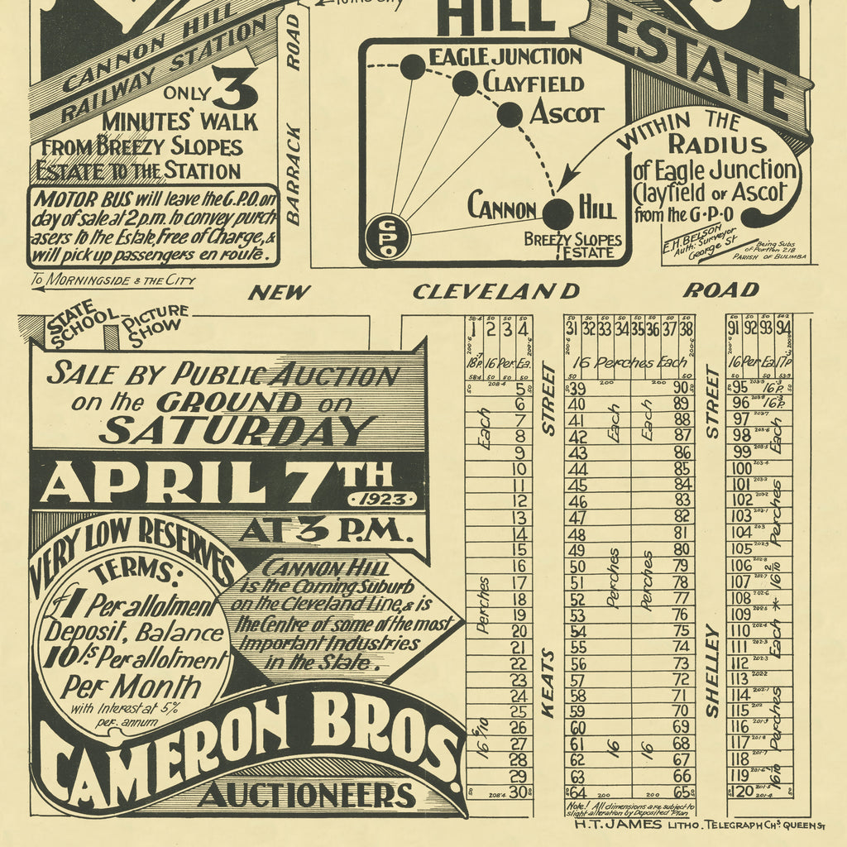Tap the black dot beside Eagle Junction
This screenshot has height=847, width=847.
point(412,67)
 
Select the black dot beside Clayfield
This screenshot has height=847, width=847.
point(465,83)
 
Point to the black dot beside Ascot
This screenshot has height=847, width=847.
point(510,114)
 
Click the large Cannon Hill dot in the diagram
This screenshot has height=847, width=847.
point(557,213)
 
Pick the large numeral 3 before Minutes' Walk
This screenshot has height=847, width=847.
point(234,89)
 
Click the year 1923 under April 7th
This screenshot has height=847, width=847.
point(383,500)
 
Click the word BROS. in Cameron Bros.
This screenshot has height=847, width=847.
point(389,735)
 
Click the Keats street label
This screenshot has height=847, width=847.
point(548,683)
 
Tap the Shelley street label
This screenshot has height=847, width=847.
point(711,670)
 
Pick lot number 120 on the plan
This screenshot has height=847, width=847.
point(744,791)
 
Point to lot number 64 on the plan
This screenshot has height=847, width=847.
point(577,792)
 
